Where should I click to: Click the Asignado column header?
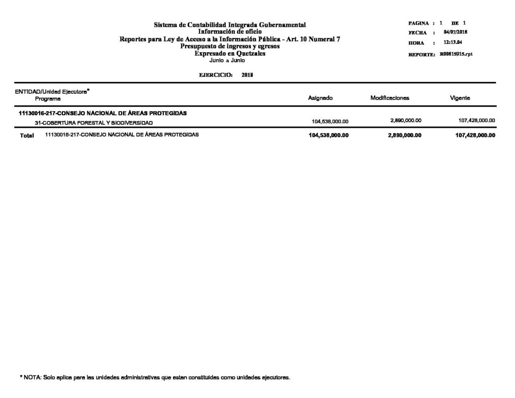[320, 98]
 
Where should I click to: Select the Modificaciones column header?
[390, 98]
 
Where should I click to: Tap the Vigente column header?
[460, 98]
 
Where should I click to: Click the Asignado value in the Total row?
[328, 135]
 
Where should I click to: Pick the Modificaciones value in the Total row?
[404, 135]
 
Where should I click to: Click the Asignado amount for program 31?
[330, 121]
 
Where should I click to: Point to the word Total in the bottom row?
[27, 135]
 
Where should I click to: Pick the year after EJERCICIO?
[247, 74]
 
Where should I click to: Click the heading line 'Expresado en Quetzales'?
[230, 53]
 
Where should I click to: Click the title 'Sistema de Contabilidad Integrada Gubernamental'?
[230, 25]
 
